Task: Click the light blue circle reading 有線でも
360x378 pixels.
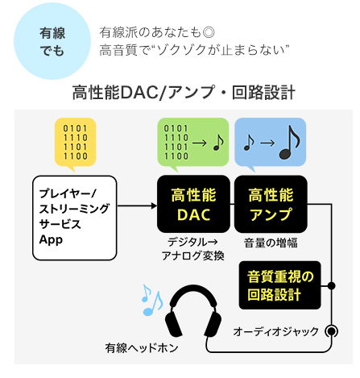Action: [x=52, y=41]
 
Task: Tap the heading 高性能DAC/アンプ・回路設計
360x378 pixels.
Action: [x=184, y=93]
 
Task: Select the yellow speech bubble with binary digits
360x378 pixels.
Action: [x=75, y=143]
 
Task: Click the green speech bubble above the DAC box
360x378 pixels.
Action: [x=192, y=143]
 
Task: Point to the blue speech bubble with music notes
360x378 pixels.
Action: [x=271, y=143]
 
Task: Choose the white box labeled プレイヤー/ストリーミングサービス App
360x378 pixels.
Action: [x=75, y=218]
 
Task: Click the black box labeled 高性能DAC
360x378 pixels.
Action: [x=193, y=204]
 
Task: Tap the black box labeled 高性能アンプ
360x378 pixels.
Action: [x=271, y=204]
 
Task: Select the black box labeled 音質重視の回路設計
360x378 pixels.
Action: [x=280, y=285]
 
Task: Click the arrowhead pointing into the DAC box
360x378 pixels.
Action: [x=154, y=206]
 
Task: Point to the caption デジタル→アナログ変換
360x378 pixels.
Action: [x=193, y=249]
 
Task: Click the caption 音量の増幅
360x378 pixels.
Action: [x=271, y=243]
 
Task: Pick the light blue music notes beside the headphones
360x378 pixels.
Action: [x=152, y=300]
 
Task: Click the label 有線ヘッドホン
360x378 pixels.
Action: [x=142, y=348]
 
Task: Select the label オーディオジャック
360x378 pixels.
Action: [x=275, y=332]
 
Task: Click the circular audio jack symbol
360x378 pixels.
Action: [x=332, y=332]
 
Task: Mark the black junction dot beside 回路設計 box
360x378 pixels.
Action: [x=332, y=285]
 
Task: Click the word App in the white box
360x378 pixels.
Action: [x=51, y=240]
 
